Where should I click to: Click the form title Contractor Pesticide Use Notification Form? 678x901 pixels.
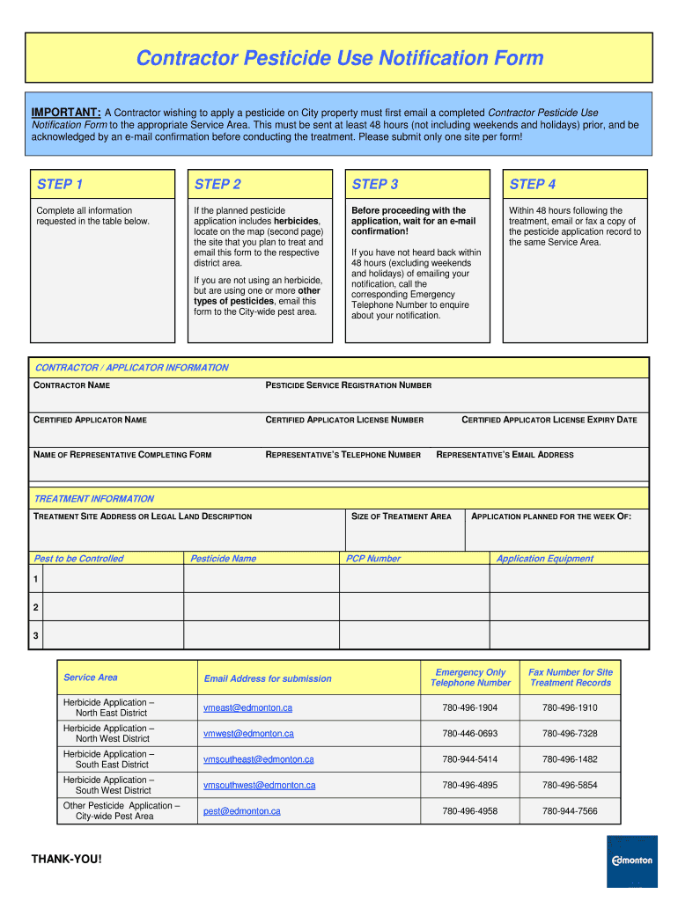click(339, 59)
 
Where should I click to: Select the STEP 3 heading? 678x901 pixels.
click(375, 184)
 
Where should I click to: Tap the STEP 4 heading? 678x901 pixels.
click(533, 184)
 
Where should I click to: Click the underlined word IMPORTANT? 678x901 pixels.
click(66, 113)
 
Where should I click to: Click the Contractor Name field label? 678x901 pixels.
click(71, 385)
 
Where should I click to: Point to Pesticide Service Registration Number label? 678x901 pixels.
click(349, 385)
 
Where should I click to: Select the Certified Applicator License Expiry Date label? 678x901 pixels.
click(549, 420)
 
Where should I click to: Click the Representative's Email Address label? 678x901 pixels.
click(505, 455)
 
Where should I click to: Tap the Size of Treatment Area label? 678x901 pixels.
click(402, 516)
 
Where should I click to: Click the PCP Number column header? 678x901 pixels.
click(372, 559)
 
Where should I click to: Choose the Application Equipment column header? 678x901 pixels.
click(545, 559)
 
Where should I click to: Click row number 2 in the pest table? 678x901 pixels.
click(35, 607)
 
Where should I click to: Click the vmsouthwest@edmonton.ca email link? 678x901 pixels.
click(259, 785)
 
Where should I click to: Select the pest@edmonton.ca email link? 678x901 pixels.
click(241, 810)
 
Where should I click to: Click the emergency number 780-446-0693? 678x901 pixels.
click(469, 734)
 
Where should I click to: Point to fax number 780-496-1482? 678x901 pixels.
click(570, 759)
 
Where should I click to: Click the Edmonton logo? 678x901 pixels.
click(632, 861)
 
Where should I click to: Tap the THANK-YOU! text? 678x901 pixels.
click(67, 858)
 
